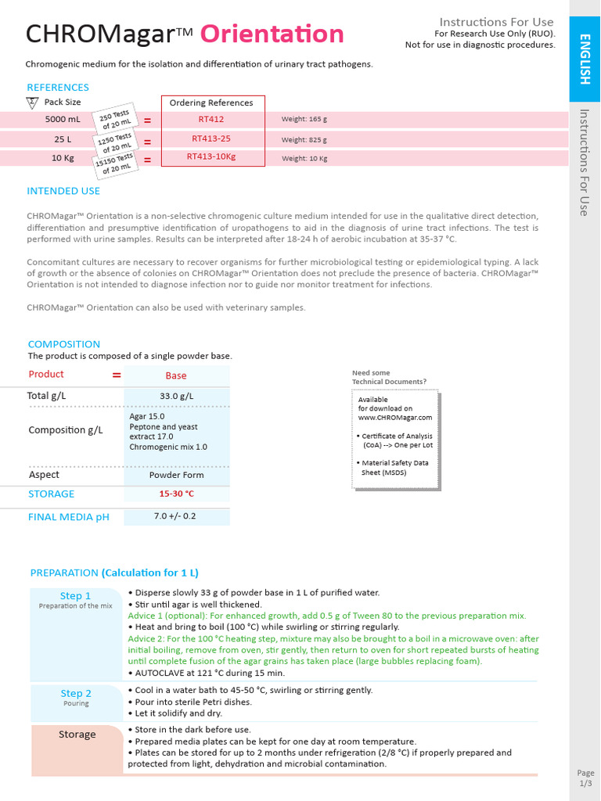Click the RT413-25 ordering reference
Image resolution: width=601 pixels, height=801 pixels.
point(211,138)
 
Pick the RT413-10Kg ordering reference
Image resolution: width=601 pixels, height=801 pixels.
point(211,156)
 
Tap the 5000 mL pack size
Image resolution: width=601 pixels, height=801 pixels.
point(63,120)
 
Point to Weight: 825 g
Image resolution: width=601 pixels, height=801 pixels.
point(304,140)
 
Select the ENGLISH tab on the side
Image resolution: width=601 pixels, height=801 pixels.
point(585,59)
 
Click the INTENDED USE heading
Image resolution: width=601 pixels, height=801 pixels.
point(63,191)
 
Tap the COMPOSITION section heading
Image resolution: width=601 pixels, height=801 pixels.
point(64,344)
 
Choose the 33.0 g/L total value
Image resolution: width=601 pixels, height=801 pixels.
point(176,397)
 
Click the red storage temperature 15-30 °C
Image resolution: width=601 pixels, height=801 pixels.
point(176,494)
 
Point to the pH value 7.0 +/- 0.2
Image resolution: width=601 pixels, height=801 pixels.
point(175,516)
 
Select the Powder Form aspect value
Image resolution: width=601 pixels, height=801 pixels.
point(176,475)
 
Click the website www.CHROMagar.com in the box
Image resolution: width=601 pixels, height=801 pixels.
point(395,418)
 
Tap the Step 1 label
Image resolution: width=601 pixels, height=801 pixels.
point(76,596)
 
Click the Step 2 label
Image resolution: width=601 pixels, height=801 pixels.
point(76,694)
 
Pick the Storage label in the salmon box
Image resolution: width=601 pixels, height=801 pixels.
point(77,735)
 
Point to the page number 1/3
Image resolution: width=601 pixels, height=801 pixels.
point(585,783)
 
